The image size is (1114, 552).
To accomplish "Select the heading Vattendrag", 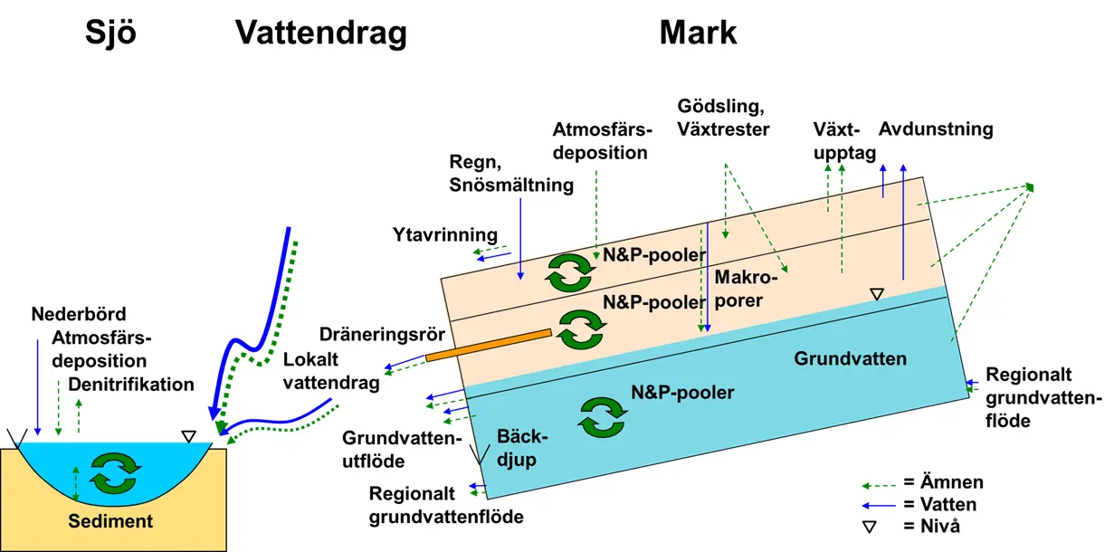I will (320, 33).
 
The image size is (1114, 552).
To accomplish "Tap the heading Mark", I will (698, 33).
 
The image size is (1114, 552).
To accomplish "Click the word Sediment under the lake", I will (111, 521).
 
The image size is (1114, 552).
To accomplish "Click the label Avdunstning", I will (936, 128).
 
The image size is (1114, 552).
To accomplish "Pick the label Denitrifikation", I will (131, 384).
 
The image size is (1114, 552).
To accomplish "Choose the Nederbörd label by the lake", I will (79, 315).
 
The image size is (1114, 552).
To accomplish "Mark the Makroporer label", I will (747, 287).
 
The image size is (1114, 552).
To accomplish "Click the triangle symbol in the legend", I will (874, 525).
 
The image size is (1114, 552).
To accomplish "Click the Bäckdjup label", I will (518, 448).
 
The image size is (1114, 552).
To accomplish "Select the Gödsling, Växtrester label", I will (724, 118).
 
